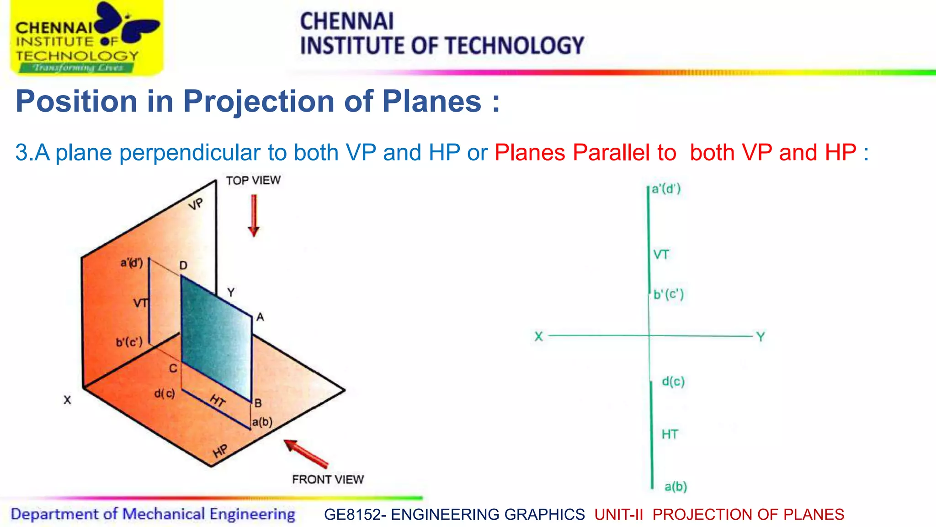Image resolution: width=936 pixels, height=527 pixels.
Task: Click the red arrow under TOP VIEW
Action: [254, 215]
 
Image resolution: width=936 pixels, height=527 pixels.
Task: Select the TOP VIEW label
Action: [253, 181]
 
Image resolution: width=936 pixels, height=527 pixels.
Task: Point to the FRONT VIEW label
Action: [328, 479]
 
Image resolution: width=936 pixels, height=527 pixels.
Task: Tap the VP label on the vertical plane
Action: [196, 204]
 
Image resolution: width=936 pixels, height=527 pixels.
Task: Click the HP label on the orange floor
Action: [220, 451]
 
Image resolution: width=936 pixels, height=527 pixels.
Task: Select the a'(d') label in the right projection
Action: [666, 189]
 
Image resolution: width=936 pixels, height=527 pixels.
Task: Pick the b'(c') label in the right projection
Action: [669, 294]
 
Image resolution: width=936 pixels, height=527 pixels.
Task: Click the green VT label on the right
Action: [661, 255]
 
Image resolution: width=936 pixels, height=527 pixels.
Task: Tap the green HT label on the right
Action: [670, 434]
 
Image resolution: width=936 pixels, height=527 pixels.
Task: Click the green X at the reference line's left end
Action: [539, 337]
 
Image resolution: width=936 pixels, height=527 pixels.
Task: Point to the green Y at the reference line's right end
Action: [760, 337]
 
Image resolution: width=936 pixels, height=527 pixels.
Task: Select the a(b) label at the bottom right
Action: [675, 486]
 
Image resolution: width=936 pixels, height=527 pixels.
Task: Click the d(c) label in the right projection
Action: [673, 381]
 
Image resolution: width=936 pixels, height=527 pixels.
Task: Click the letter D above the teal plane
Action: [183, 266]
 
